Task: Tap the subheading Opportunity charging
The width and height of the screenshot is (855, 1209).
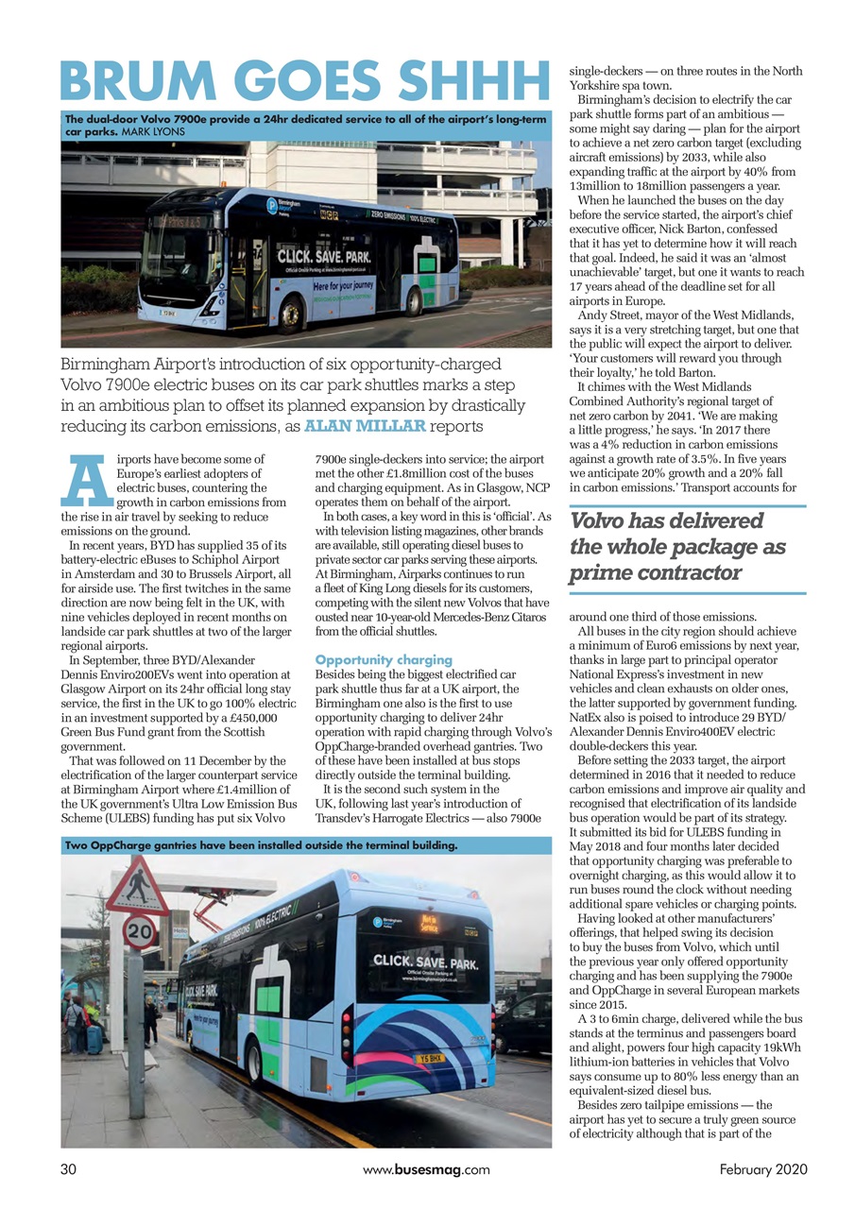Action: tap(384, 659)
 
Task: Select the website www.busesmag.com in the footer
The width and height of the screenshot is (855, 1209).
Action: tap(426, 1169)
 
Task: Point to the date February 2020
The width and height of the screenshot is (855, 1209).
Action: tap(763, 1169)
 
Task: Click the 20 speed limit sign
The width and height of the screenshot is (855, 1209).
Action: tap(140, 934)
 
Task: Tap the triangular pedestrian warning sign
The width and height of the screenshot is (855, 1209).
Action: tap(138, 886)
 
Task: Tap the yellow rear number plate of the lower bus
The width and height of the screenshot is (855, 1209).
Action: tap(432, 1058)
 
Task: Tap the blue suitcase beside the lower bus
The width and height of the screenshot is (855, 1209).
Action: tap(94, 1038)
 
